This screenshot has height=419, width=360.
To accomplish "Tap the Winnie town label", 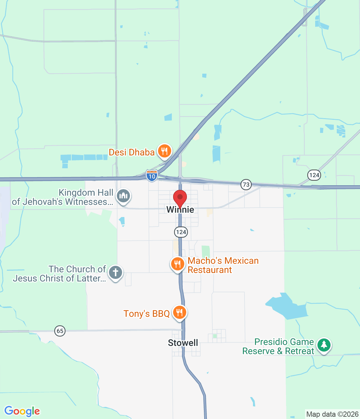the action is (x=180, y=210).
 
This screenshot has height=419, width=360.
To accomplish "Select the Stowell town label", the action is (x=183, y=343).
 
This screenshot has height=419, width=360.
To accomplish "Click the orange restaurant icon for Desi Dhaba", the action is (x=164, y=151).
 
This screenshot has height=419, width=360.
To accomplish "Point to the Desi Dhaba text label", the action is (x=132, y=152).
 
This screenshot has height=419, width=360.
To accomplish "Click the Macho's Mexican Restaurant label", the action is (x=223, y=265).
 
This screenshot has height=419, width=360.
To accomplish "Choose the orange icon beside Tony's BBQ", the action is (x=179, y=312).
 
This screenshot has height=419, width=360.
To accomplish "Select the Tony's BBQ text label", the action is (x=146, y=314).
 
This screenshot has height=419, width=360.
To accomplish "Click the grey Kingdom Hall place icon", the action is (x=123, y=196).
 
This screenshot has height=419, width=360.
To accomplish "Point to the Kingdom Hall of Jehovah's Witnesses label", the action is (x=62, y=197).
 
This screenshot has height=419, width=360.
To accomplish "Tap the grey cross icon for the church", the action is (x=115, y=272).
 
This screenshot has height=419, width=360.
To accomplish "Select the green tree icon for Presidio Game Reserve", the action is (x=324, y=345).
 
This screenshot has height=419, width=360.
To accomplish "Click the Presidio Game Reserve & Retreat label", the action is (x=278, y=346).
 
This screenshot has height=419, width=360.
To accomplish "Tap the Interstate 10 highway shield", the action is (x=152, y=176).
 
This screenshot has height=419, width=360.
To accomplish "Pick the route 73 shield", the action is (x=246, y=185).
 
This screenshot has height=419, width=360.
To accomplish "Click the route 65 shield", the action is (x=60, y=331).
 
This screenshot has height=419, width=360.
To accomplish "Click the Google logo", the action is (x=22, y=411).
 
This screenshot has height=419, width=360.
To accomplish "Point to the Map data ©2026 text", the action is (x=332, y=414).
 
